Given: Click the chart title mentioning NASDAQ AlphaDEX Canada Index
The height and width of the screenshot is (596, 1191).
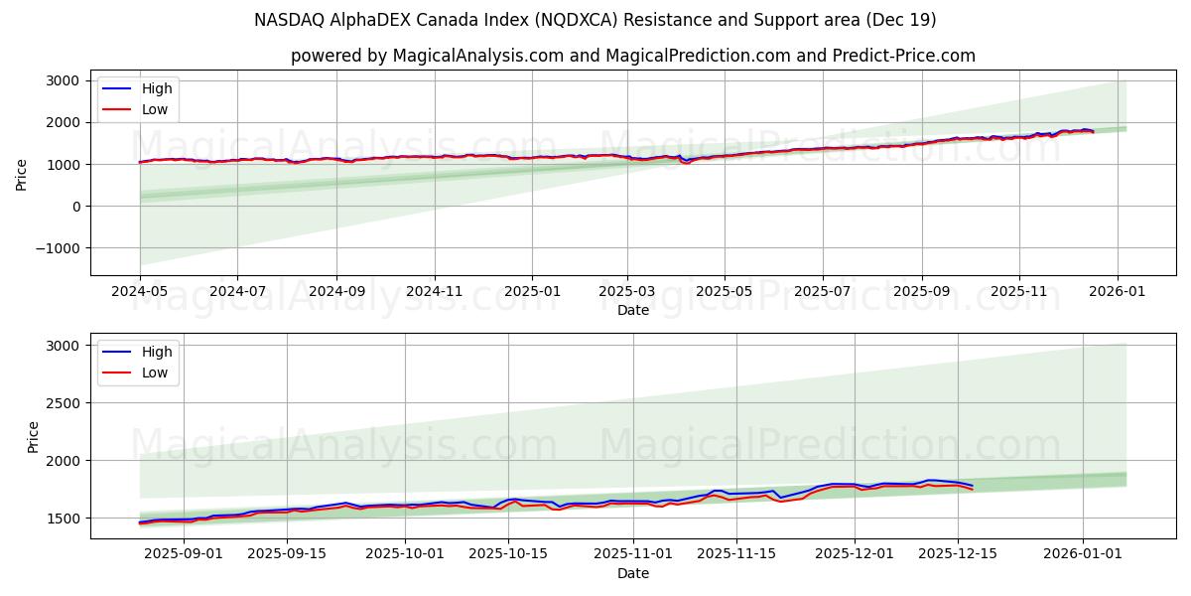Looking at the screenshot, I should tap(595, 20).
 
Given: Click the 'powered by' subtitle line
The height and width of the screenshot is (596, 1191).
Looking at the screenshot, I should tap(632, 56).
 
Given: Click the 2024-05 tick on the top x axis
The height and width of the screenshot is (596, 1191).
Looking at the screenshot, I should tap(140, 291).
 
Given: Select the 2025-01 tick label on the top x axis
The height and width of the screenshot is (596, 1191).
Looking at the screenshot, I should tap(532, 291).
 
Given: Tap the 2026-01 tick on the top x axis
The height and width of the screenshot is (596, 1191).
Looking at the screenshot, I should tap(1118, 291).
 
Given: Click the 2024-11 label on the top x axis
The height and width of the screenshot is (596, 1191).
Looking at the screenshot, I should tap(435, 291).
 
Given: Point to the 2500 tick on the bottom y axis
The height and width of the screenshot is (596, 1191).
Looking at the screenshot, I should tap(65, 403).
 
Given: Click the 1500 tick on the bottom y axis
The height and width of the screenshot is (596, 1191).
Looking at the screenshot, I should tap(65, 519).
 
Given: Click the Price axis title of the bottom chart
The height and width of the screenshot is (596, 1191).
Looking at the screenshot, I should tap(33, 436).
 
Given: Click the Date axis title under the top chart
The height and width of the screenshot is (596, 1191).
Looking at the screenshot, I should tap(632, 310).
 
